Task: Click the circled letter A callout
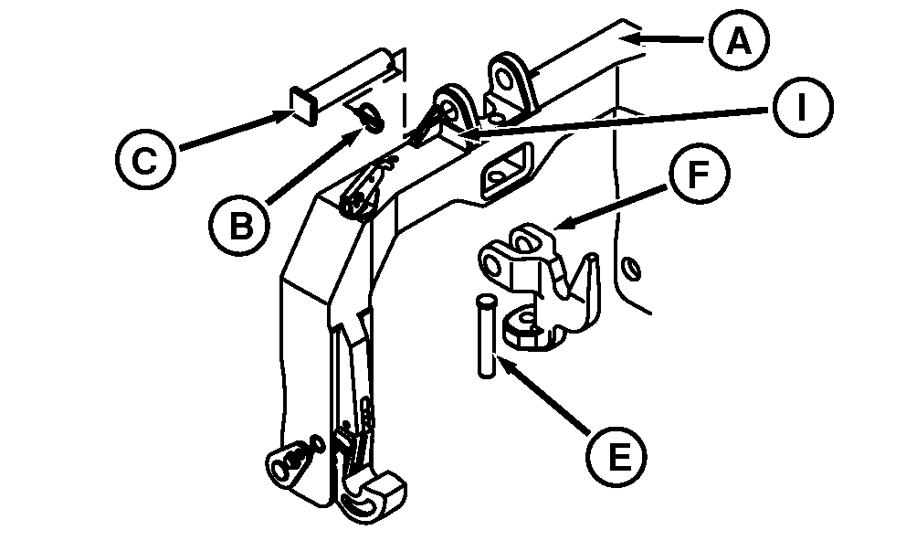[x=736, y=41]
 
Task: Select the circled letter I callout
[x=800, y=108]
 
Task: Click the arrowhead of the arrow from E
[x=500, y=361]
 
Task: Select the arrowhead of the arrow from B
[x=359, y=129]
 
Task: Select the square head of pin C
[x=305, y=102]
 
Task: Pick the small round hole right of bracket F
[x=627, y=268]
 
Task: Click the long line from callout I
[x=621, y=122]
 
